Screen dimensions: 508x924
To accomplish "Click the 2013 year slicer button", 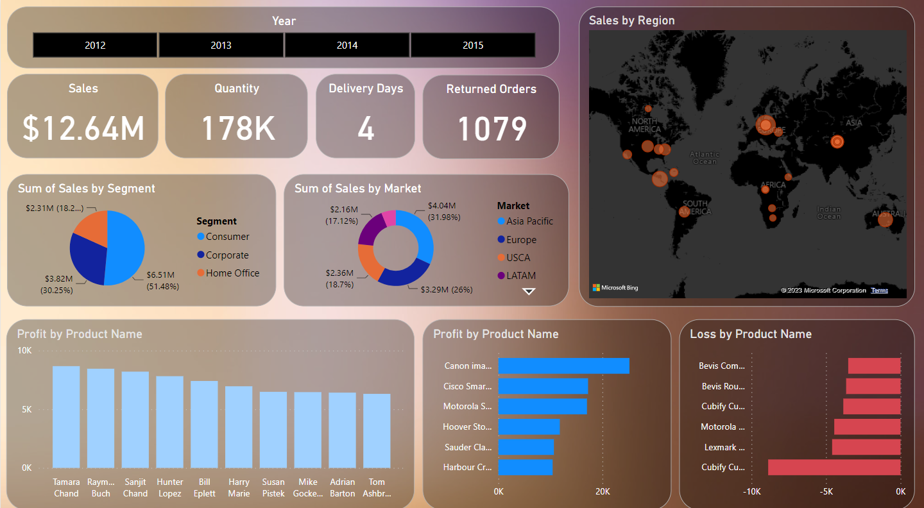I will (x=221, y=46).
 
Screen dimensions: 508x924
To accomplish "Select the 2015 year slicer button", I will (x=473, y=46).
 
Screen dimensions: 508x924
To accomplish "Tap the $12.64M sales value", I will (x=83, y=128).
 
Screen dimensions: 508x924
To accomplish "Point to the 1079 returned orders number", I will (x=492, y=128).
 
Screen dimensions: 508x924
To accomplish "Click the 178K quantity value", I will (x=237, y=128).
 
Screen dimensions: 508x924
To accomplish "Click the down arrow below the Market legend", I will (x=529, y=291).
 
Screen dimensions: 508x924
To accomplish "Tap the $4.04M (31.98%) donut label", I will (x=443, y=210).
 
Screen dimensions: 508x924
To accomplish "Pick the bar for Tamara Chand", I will (x=66, y=417).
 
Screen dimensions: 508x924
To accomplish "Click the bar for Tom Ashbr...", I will (x=377, y=430).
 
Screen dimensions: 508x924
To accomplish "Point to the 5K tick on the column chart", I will (x=26, y=409).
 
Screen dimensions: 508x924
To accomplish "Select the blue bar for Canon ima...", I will (x=563, y=366).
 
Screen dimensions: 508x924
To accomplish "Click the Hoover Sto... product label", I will (x=467, y=427).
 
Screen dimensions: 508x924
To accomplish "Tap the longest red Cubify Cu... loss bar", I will (x=834, y=467).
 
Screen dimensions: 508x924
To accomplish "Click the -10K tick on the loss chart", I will (x=752, y=492).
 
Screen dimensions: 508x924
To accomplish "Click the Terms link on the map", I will (x=880, y=291).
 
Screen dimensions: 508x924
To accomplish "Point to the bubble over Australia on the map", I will (x=885, y=220).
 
